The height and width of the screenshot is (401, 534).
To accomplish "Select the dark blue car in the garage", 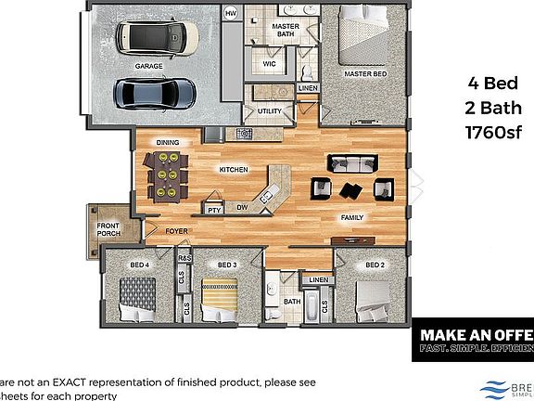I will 155,92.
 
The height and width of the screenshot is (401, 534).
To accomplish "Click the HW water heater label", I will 231,13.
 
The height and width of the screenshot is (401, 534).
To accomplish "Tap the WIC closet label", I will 270,64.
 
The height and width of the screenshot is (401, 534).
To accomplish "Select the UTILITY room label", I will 269,110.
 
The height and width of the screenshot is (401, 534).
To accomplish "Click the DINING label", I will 167,142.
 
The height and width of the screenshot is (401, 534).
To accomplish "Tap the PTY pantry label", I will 213,209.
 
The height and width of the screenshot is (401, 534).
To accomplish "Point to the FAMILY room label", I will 352,217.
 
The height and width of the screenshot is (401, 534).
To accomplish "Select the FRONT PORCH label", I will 109,229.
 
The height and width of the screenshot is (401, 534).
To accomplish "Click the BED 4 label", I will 139,265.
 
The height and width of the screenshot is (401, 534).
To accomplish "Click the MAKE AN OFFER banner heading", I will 476,333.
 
